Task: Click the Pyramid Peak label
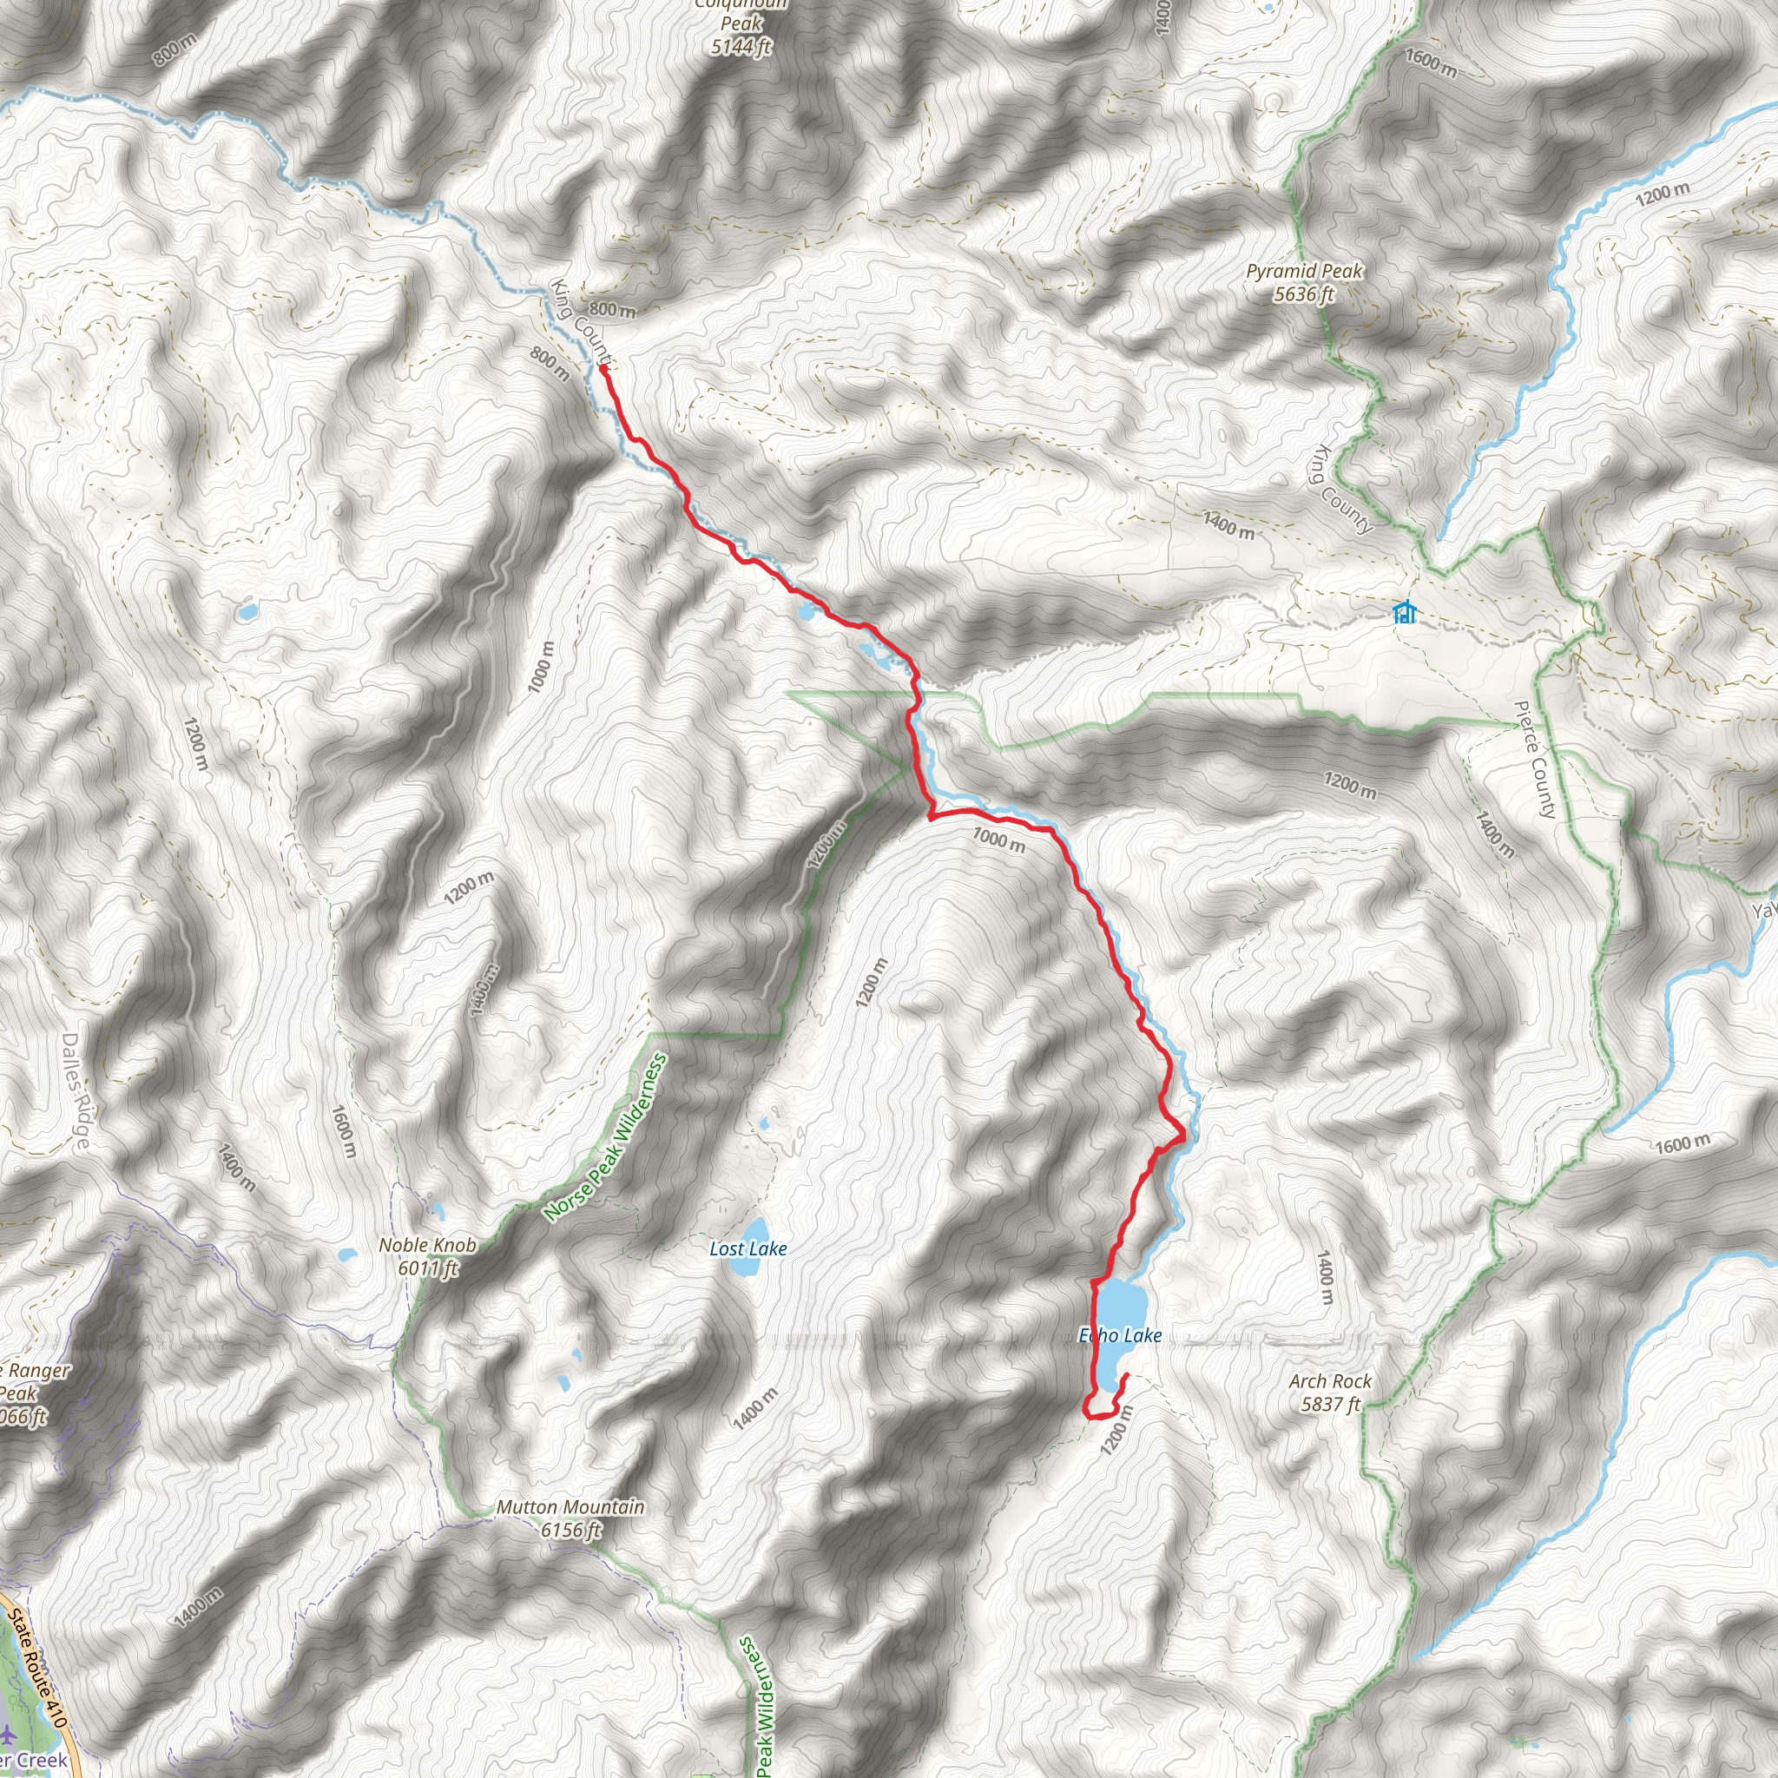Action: pyautogui.click(x=1304, y=272)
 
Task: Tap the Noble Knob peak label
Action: pyautogui.click(x=428, y=1245)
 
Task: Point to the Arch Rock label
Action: pyautogui.click(x=1330, y=1381)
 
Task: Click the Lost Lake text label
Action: pyautogui.click(x=748, y=1248)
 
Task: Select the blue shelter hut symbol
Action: pyautogui.click(x=1405, y=612)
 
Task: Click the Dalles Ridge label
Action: pyautogui.click(x=76, y=1090)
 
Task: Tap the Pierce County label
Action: pyautogui.click(x=1534, y=761)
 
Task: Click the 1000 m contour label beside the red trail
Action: pyautogui.click(x=998, y=840)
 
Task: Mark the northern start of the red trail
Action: pyautogui.click(x=603, y=369)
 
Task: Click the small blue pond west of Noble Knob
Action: pyautogui.click(x=347, y=1254)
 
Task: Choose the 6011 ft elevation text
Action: pyautogui.click(x=428, y=1268)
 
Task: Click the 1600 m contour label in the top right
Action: pyautogui.click(x=1431, y=63)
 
